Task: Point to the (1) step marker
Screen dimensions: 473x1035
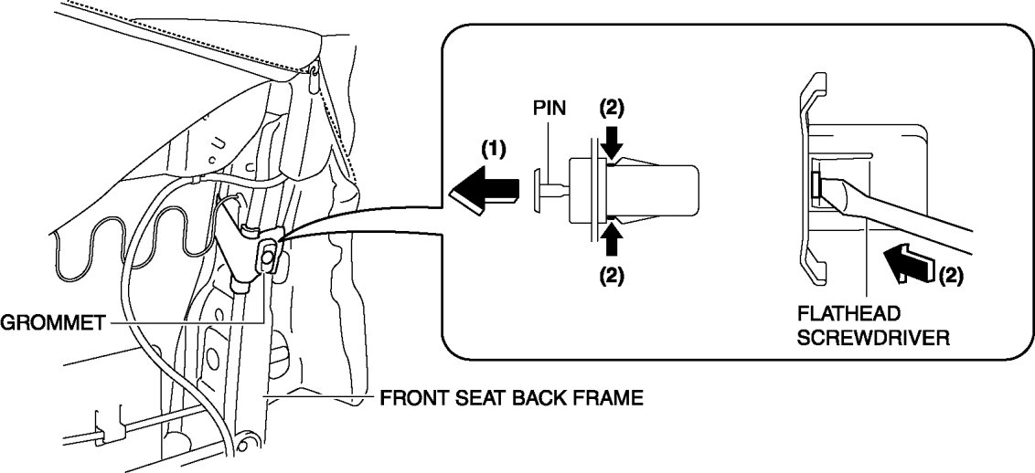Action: (493, 148)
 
